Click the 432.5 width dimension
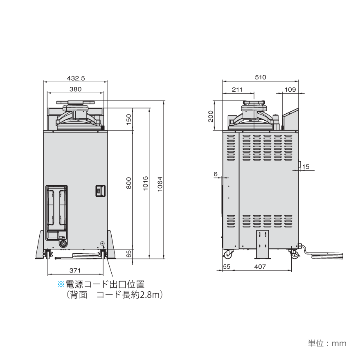76,78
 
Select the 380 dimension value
75,89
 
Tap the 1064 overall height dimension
160,184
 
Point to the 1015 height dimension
145,183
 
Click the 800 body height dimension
129,183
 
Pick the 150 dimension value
129,119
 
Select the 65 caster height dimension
129,254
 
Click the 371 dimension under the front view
75,270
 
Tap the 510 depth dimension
260,77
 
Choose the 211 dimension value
237,89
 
